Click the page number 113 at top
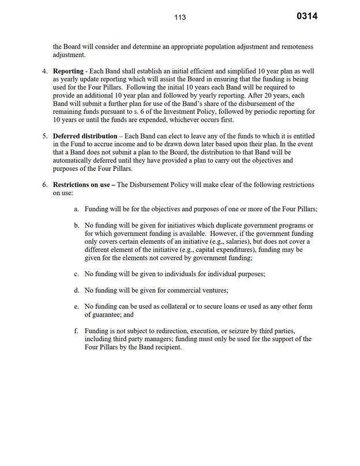pyautogui.click(x=180, y=17)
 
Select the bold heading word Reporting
pyautogui.click(x=69, y=70)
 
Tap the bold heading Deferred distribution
pyautogui.click(x=85, y=136)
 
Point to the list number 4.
pyautogui.click(x=44, y=70)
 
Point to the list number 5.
pyautogui.click(x=44, y=136)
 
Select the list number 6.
pyautogui.click(x=44, y=185)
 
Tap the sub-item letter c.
pyautogui.click(x=76, y=274)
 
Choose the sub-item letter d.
pyautogui.click(x=76, y=290)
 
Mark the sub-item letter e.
pyautogui.click(x=76, y=307)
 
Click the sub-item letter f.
pyautogui.click(x=76, y=331)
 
